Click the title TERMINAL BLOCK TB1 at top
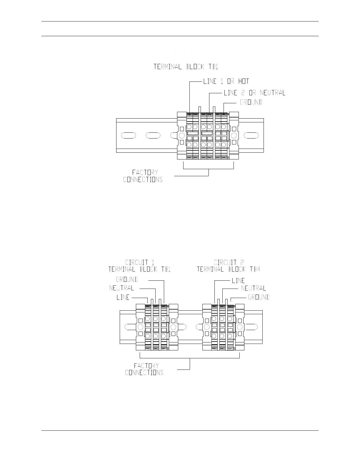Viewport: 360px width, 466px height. [x=186, y=67]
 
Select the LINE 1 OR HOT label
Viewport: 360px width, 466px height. [x=226, y=81]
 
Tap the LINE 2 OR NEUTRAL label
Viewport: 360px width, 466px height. [x=254, y=93]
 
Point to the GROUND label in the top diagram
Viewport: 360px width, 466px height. [x=251, y=102]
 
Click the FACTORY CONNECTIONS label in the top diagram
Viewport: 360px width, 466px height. [x=143, y=176]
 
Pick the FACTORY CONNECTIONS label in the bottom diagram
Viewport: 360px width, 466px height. [x=144, y=369]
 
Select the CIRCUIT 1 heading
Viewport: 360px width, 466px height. [x=140, y=262]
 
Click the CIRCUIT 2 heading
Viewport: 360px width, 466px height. [x=229, y=262]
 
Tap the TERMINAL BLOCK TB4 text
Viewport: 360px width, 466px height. [x=229, y=269]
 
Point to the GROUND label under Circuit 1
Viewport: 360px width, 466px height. [x=127, y=279]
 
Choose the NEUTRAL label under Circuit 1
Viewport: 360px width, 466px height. [x=122, y=288]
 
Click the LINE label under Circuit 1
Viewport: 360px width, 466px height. [x=123, y=297]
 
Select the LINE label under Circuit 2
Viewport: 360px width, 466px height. [x=238, y=281]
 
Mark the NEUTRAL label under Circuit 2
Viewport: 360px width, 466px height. [x=253, y=288]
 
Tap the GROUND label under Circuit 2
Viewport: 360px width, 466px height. [x=259, y=297]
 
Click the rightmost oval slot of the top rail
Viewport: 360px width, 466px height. [x=251, y=135]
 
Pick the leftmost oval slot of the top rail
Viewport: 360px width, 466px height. [x=129, y=135]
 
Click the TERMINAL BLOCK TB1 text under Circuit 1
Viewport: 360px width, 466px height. [x=139, y=269]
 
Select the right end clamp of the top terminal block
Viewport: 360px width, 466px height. [x=234, y=135]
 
